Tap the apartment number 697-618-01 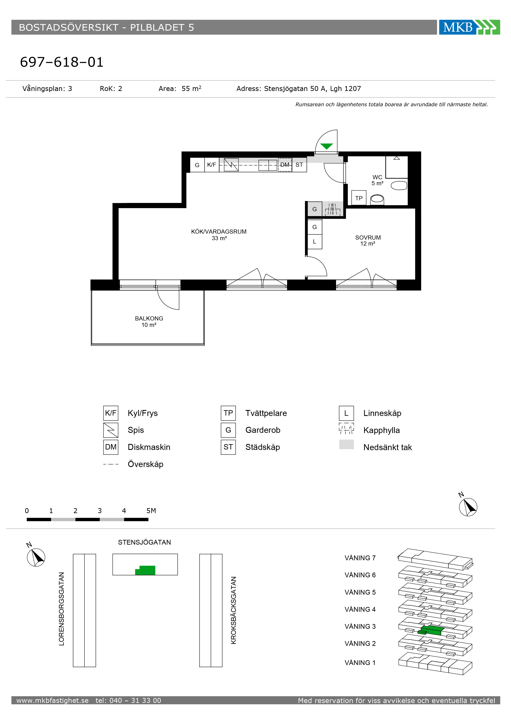pyautogui.click(x=62, y=62)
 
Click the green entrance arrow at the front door pyautogui.click(x=327, y=146)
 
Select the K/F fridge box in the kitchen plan pyautogui.click(x=212, y=165)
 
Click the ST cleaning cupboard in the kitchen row pyautogui.click(x=299, y=165)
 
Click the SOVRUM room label pyautogui.click(x=368, y=238)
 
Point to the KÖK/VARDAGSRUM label pyautogui.click(x=219, y=232)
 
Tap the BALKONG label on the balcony pyautogui.click(x=149, y=318)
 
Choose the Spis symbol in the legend pyautogui.click(x=111, y=430)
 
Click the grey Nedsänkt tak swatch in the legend pyautogui.click(x=346, y=444)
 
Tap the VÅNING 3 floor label pyautogui.click(x=360, y=627)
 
